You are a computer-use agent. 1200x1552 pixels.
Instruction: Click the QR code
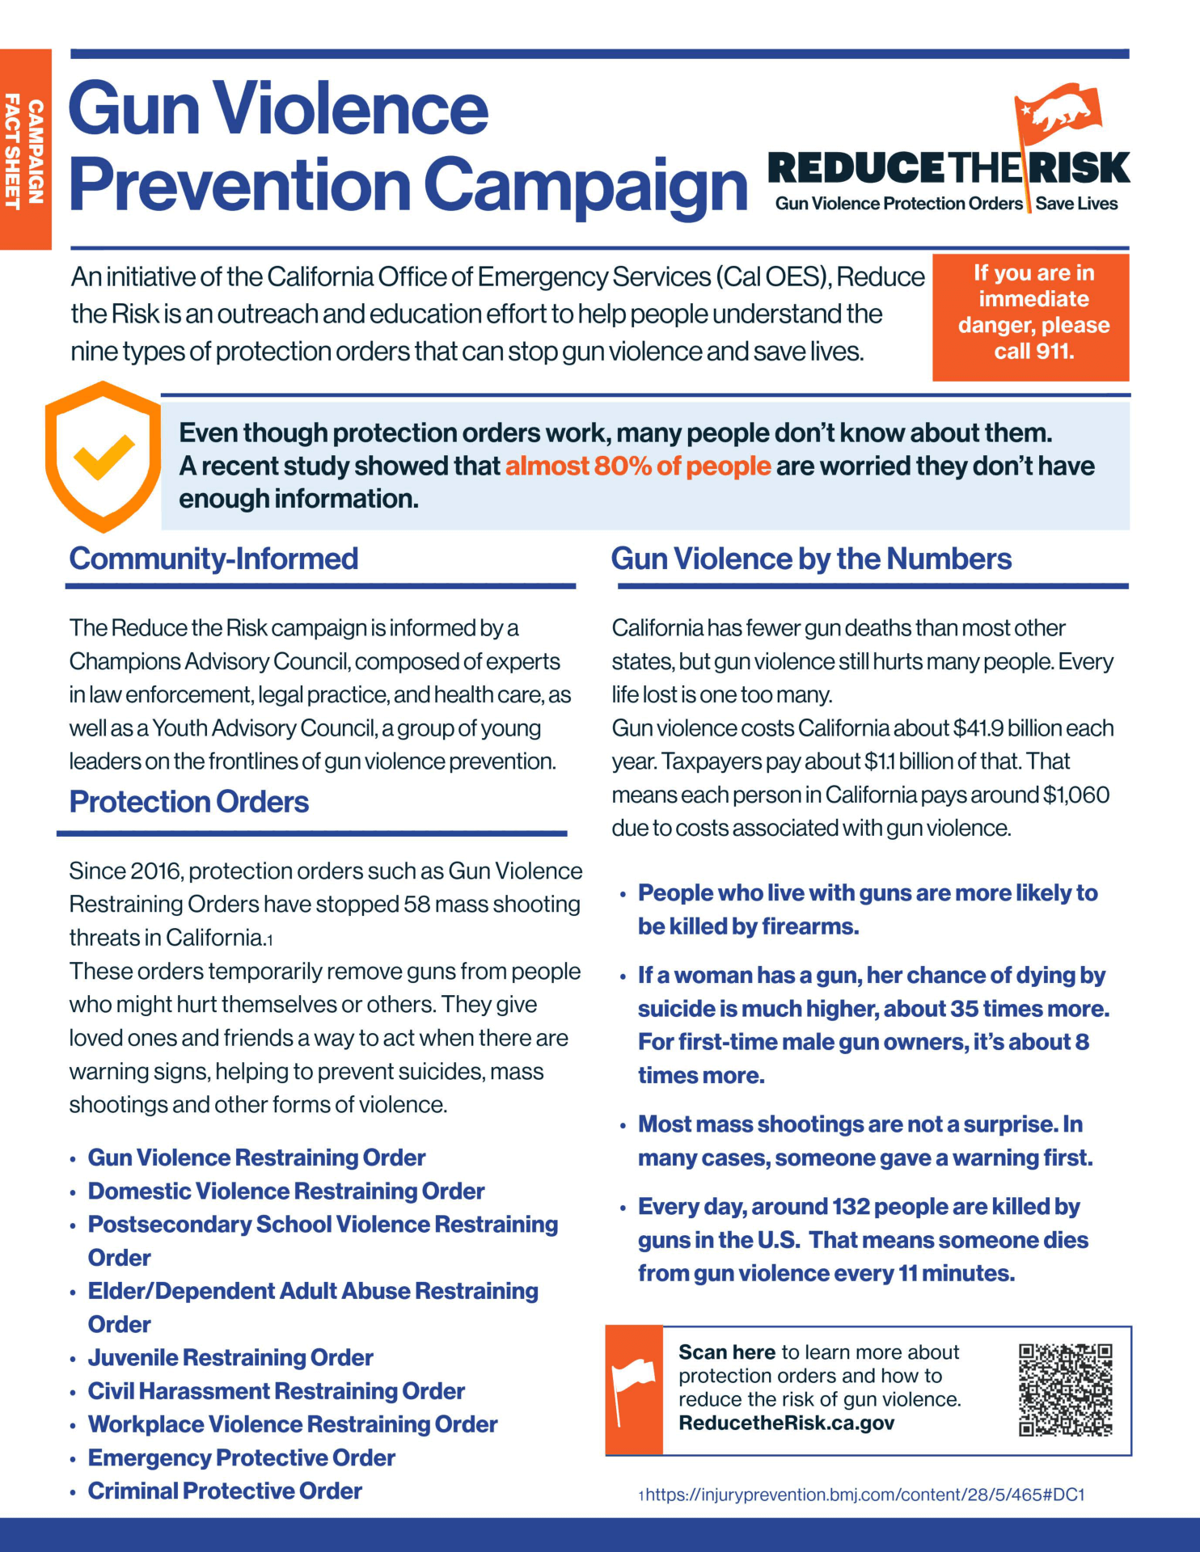tap(1065, 1390)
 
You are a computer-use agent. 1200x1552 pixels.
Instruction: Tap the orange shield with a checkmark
tap(103, 457)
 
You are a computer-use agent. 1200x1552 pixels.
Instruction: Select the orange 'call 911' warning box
tap(1031, 317)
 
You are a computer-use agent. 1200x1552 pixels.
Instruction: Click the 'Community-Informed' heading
tap(213, 559)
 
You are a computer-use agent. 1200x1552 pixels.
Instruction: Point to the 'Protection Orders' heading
tap(189, 802)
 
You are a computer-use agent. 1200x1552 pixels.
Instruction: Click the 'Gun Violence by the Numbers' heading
tap(811, 559)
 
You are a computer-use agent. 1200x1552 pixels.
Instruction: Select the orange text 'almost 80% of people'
tap(638, 466)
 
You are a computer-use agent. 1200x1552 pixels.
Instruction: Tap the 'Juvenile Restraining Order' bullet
tap(230, 1357)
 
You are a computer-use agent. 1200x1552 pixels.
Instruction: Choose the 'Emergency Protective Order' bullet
tap(241, 1457)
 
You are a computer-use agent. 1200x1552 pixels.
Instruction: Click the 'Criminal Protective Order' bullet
tap(225, 1491)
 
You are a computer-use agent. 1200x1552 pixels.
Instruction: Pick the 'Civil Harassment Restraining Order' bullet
tap(276, 1391)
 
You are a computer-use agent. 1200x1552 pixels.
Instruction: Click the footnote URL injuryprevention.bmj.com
tap(864, 1495)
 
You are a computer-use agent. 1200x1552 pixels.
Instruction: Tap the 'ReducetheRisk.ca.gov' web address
tap(787, 1423)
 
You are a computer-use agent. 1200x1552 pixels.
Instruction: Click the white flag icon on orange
tap(633, 1390)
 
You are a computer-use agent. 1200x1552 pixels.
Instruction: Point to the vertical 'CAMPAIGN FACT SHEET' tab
tap(25, 150)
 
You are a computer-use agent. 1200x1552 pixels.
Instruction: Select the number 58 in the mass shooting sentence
tap(418, 904)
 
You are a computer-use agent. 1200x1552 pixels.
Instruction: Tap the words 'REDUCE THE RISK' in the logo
tap(948, 168)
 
